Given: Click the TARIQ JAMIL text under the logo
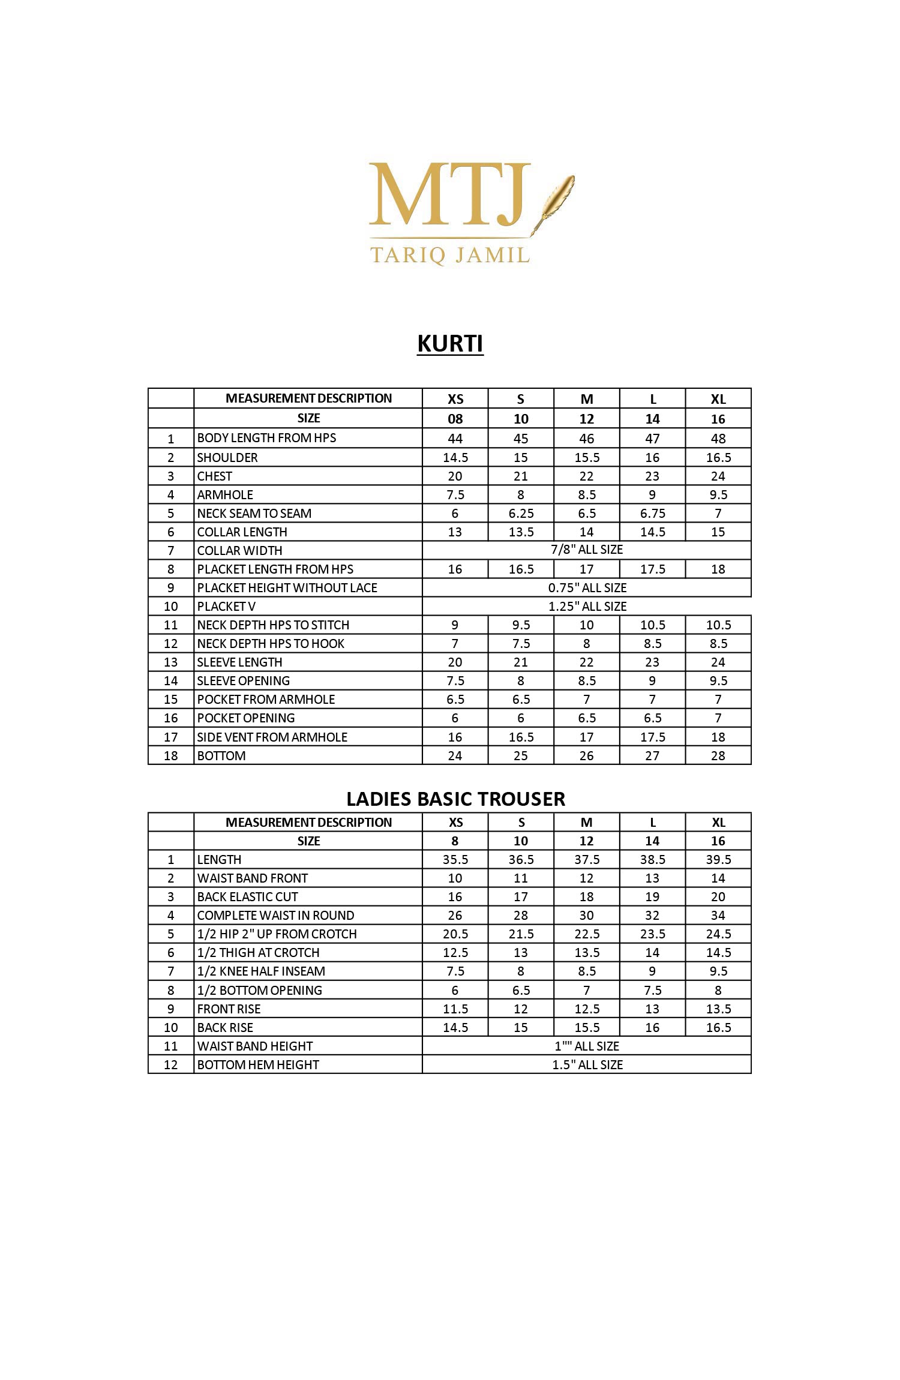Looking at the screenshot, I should pos(450,254).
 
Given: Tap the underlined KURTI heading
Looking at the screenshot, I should pos(450,344).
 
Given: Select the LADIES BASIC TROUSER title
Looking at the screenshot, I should pos(455,799).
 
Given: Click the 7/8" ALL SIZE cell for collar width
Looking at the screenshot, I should pos(587,550).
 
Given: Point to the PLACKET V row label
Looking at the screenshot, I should pos(226,607).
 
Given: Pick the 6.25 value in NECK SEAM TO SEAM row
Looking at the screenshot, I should pos(521,514).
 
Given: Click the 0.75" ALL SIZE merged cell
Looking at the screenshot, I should pos(587,588).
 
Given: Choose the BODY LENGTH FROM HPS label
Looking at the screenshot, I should pos(266,438).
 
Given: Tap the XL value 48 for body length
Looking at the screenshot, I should pos(718,439).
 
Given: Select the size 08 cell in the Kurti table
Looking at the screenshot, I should pos(455,419).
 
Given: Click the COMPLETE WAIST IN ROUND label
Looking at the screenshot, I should pos(275,916).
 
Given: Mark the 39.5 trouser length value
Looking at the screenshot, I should pos(718,860).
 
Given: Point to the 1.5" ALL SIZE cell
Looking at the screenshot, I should pos(587,1065).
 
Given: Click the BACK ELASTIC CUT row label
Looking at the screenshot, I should pos(247,897).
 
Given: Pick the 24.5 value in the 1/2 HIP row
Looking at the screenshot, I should pos(718,934).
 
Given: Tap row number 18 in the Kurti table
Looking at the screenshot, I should pos(171,756).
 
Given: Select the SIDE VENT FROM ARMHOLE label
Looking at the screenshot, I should pos(272,737).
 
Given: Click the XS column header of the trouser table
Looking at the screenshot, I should pos(455,823).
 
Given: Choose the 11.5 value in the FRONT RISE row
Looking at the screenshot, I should pos(455,1009).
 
